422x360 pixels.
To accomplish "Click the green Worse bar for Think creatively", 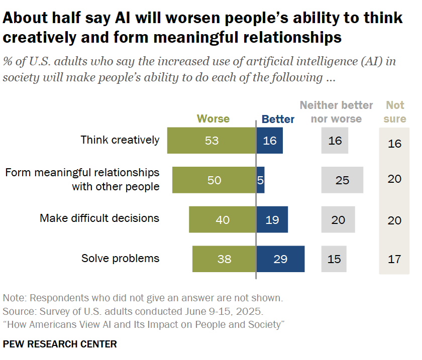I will (212, 141).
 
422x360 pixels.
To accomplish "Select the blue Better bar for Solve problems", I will (280, 259).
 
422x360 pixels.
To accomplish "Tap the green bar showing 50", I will (214, 180).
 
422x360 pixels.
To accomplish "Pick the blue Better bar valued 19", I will (272, 219).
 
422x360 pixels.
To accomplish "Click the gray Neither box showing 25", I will (342, 180).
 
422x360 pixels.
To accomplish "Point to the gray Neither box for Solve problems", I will (334, 259).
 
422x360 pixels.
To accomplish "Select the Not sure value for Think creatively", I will (395, 143).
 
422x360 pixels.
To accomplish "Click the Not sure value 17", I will (395, 259).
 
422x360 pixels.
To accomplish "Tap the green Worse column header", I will (213, 119).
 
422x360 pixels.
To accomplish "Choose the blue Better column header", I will (278, 119).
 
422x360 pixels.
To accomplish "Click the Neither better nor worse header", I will (336, 112).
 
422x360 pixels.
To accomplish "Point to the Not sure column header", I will (395, 112).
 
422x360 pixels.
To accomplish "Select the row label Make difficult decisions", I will (99, 218).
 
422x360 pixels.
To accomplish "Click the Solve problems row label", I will (120, 259).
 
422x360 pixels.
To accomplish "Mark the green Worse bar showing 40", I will (223, 219).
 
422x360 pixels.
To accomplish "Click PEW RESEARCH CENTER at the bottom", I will (60, 344).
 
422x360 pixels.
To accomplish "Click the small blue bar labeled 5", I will (261, 180).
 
